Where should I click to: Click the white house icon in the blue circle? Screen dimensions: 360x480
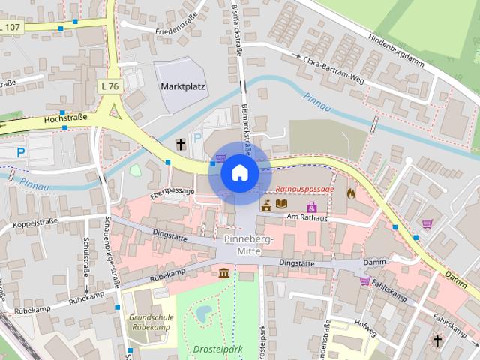pos(239,172)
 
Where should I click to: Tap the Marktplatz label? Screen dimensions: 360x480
pos(183,86)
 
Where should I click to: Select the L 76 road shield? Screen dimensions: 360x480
pos(109,86)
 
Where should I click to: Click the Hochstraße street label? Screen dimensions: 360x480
pos(66,117)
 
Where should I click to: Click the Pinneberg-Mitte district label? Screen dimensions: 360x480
pos(249,244)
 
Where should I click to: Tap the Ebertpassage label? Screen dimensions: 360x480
pos(172,191)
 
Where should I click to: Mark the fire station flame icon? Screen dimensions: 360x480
pos(351,192)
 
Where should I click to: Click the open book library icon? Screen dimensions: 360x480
pos(281,204)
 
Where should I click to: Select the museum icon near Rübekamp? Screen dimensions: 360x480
pos(223,272)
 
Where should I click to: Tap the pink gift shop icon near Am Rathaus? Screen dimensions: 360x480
pos(311,206)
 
